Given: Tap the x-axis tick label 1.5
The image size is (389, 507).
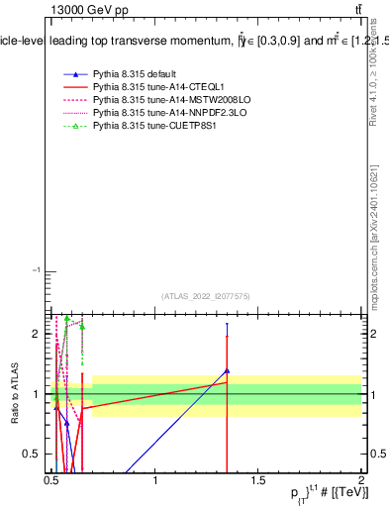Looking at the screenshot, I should (258, 481).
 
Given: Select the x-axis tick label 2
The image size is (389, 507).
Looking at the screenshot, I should (361, 481).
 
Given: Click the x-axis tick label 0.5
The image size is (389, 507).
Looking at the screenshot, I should (51, 481).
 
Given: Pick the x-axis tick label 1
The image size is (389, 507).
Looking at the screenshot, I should (155, 481).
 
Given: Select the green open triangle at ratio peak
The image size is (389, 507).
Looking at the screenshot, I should (67, 319).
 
